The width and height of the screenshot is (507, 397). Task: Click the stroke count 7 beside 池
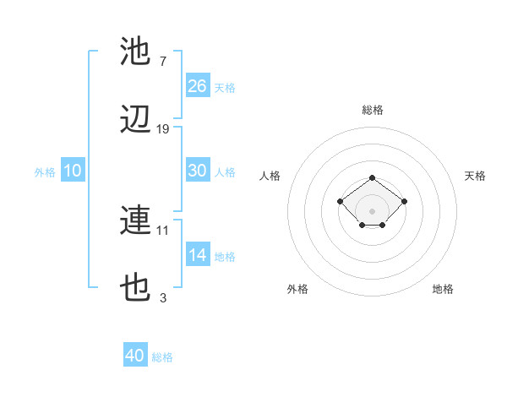[x=163, y=61]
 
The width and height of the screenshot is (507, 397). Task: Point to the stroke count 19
[x=163, y=129]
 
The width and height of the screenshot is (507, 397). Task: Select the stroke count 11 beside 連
[x=163, y=229]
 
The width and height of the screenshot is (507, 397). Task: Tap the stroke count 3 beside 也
[x=163, y=297]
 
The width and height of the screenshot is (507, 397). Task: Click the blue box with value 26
[x=198, y=86]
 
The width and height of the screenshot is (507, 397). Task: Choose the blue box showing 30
[x=198, y=171]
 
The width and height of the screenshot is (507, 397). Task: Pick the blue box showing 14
[x=198, y=255]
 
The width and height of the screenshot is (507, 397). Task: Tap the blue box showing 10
[x=73, y=171]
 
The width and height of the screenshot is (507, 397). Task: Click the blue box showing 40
[x=135, y=356]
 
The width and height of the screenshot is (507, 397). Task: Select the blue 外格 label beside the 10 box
[x=45, y=171]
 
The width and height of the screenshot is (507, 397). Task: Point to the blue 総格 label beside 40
[x=162, y=357]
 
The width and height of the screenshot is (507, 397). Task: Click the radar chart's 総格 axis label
[x=373, y=110]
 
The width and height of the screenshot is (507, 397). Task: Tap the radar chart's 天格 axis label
[x=475, y=176]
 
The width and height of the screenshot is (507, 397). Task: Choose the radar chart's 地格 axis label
[x=443, y=289]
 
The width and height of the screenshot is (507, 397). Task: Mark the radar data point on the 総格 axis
[x=373, y=177]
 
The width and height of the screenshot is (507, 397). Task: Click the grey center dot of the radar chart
[x=373, y=210]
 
